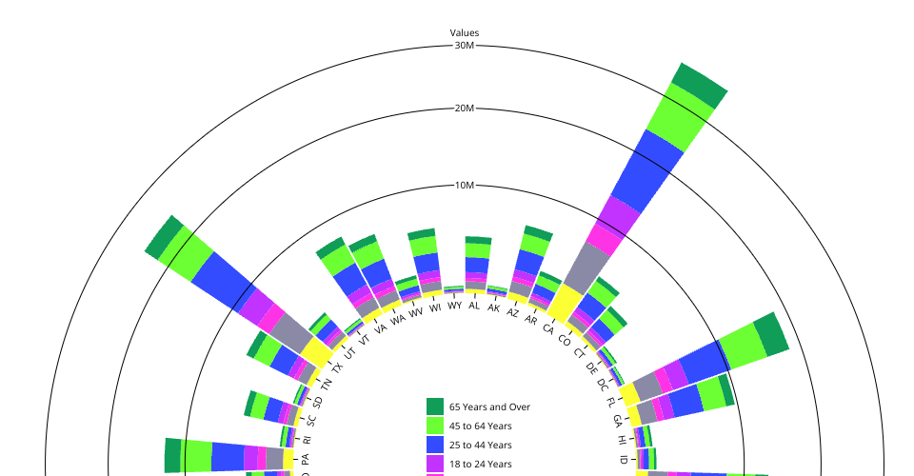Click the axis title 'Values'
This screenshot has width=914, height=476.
pos(465,33)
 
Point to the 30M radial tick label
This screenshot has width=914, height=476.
pos(465,46)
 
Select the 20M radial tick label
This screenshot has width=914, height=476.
pos(465,109)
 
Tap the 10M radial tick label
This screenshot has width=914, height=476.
pos(465,186)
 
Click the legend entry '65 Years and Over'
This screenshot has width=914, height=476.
pos(489,407)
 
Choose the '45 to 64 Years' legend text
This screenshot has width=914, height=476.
pos(481,426)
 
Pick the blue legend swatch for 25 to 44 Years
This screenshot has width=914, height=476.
pos(435,445)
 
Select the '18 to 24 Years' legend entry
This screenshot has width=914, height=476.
pos(481,464)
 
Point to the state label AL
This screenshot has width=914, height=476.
pos(474,305)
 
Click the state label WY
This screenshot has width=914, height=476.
pos(454,306)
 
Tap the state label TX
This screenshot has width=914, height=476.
pos(337,367)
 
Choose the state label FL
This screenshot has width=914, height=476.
pos(610,401)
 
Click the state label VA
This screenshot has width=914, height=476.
pos(381,328)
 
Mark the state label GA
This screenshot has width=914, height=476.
pos(618,420)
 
